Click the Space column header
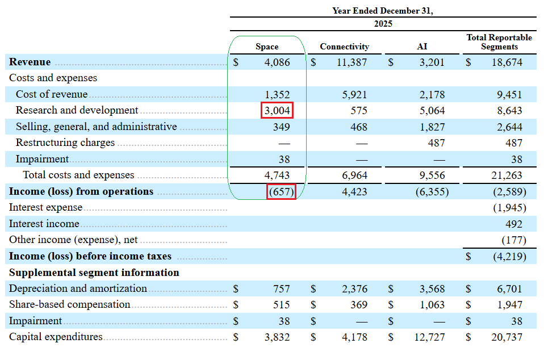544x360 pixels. (x=267, y=47)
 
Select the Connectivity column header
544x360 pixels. (x=345, y=47)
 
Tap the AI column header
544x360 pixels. (x=422, y=47)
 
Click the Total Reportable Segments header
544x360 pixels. (x=499, y=42)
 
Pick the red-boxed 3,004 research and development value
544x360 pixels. (x=277, y=110)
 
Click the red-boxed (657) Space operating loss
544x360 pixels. (x=281, y=191)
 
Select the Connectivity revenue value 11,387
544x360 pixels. (x=351, y=62)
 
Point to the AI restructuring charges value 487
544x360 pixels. (x=436, y=143)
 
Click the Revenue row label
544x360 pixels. (x=30, y=62)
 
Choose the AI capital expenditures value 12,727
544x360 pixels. (x=429, y=337)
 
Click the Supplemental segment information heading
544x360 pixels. (x=94, y=273)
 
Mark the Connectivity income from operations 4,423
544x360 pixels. (x=354, y=192)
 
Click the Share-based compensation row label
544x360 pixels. (x=69, y=304)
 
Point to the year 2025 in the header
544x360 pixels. (x=383, y=24)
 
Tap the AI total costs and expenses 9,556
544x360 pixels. (x=432, y=175)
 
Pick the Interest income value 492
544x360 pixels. (x=513, y=224)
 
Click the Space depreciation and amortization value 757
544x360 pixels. (x=281, y=288)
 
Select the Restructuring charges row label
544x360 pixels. (x=65, y=143)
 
